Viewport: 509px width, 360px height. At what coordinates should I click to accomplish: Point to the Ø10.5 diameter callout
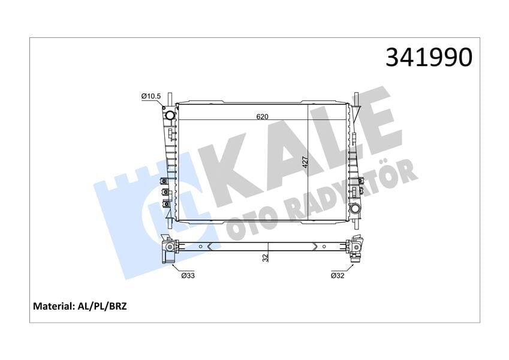(x=150, y=96)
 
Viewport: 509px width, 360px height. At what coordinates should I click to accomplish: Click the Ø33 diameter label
(x=188, y=276)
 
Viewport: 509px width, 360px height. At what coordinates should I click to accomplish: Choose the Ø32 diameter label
(x=338, y=276)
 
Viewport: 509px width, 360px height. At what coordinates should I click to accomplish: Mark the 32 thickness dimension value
(x=265, y=257)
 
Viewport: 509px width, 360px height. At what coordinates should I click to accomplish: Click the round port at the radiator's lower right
(x=356, y=209)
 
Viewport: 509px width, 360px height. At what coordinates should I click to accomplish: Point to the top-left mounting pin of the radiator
(x=170, y=97)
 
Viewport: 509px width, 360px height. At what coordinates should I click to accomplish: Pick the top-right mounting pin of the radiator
(x=356, y=97)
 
